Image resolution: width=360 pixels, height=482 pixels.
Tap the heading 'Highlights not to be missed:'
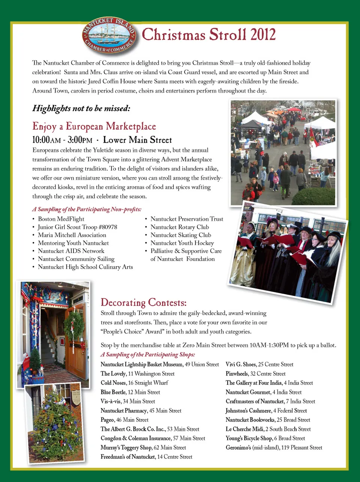pyautogui.click(x=81, y=108)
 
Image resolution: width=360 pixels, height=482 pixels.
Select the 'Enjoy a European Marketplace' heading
pyautogui.click(x=94, y=127)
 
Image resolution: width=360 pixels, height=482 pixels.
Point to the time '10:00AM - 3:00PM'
pyautogui.click(x=62, y=140)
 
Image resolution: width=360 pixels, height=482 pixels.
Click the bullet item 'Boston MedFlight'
pyautogui.click(x=61, y=219)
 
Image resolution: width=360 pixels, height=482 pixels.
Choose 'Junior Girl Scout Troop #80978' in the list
pyautogui.click(x=77, y=227)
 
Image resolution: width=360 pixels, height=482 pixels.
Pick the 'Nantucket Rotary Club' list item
pyautogui.click(x=180, y=227)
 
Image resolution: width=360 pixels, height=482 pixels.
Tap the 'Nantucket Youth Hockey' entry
pyautogui.click(x=182, y=243)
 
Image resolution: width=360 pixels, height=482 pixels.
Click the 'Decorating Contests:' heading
pyautogui.click(x=143, y=303)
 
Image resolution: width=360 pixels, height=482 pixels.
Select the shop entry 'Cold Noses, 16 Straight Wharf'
pyautogui.click(x=134, y=383)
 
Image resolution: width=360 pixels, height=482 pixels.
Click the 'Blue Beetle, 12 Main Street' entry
pyautogui.click(x=130, y=392)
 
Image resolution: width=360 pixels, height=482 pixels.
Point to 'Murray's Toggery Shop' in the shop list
pyautogui.click(x=126, y=447)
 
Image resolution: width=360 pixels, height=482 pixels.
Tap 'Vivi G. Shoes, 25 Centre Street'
pyautogui.click(x=259, y=365)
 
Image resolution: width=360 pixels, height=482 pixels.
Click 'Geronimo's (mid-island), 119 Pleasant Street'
pyautogui.click(x=274, y=447)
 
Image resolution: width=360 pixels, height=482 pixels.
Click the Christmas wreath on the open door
pyautogui.click(x=74, y=325)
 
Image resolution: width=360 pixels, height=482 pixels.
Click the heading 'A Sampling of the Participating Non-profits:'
pyautogui.click(x=87, y=209)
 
